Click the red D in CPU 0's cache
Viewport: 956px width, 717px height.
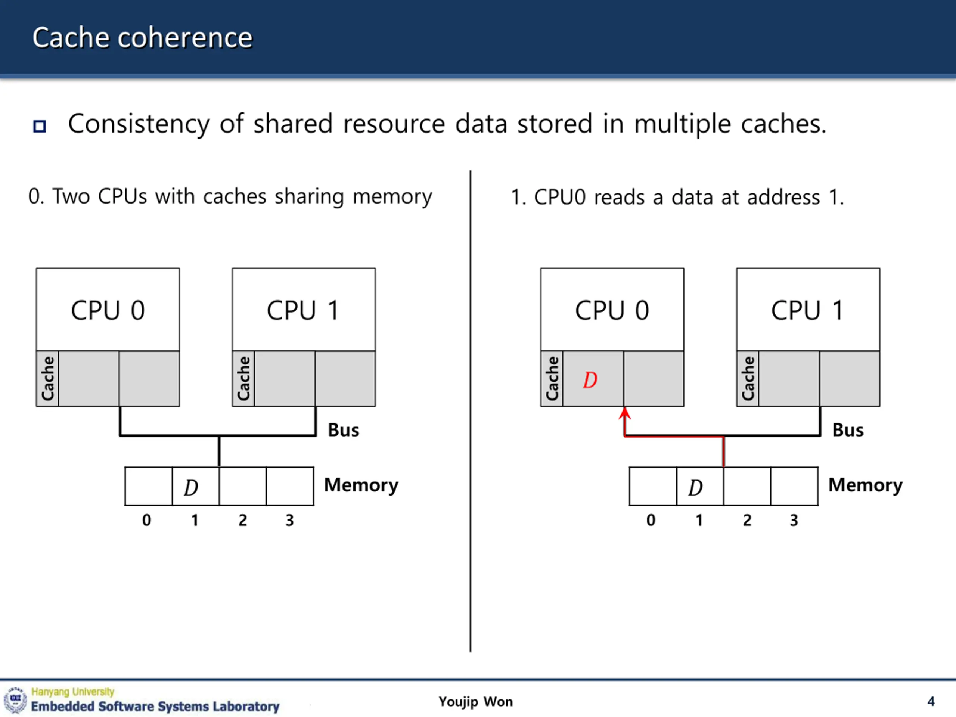pyautogui.click(x=590, y=380)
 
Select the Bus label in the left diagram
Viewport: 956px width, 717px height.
pyautogui.click(x=344, y=430)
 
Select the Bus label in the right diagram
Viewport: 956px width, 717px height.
pyautogui.click(x=848, y=430)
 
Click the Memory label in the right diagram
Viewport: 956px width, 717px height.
pyautogui.click(x=865, y=485)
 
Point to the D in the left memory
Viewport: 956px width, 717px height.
pyautogui.click(x=191, y=487)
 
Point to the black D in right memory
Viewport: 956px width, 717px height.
pyautogui.click(x=695, y=487)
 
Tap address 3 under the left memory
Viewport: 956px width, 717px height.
pyautogui.click(x=289, y=520)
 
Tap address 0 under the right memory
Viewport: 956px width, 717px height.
pyautogui.click(x=651, y=520)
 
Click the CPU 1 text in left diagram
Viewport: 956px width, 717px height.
pyautogui.click(x=303, y=310)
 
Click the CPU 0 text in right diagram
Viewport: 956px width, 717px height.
pyautogui.click(x=612, y=310)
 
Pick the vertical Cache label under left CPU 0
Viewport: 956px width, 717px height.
pyautogui.click(x=47, y=379)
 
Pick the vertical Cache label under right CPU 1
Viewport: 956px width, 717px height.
pyautogui.click(x=748, y=379)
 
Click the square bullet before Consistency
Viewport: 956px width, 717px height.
pyautogui.click(x=40, y=126)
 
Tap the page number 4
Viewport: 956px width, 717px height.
pyautogui.click(x=931, y=701)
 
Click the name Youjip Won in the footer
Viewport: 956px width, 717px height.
pyautogui.click(x=476, y=702)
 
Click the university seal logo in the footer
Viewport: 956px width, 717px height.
pyautogui.click(x=16, y=700)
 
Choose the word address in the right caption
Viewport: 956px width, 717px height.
pyautogui.click(x=783, y=198)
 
